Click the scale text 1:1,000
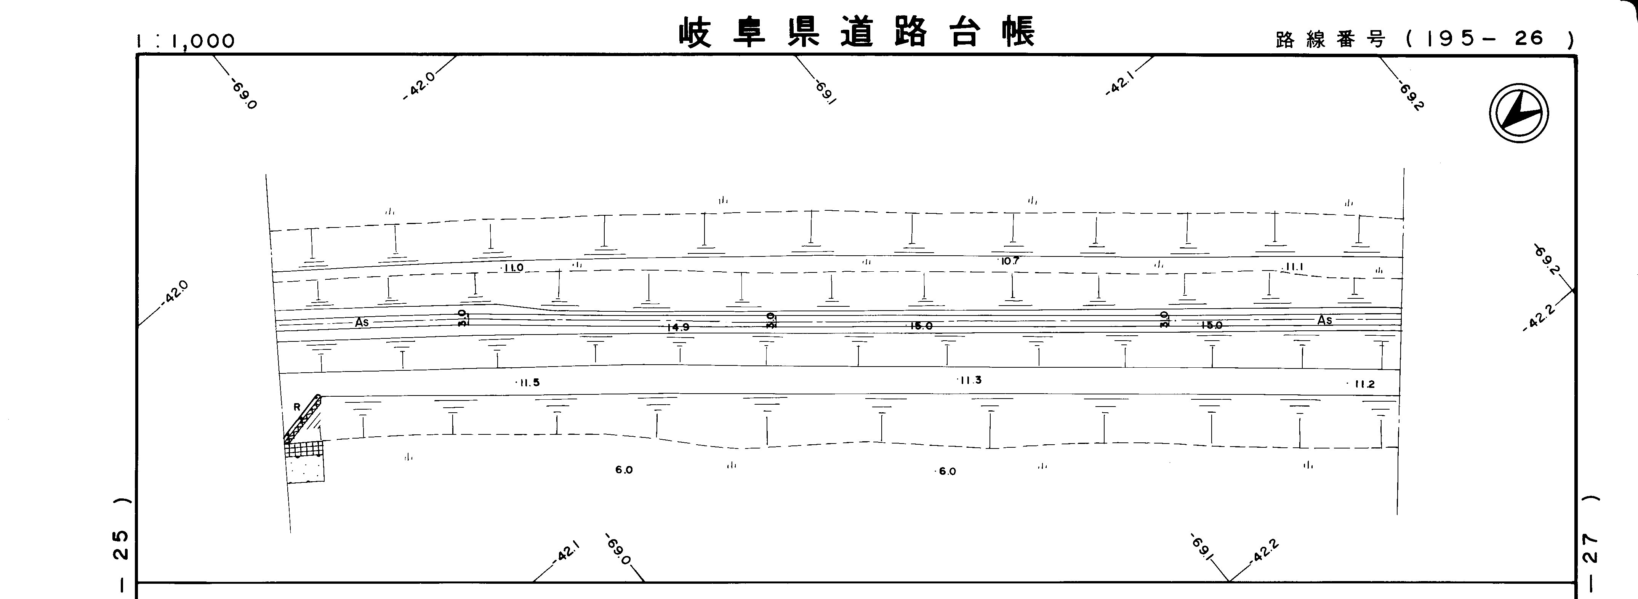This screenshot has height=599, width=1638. click(185, 41)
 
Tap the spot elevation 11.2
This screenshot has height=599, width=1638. click(1362, 384)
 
